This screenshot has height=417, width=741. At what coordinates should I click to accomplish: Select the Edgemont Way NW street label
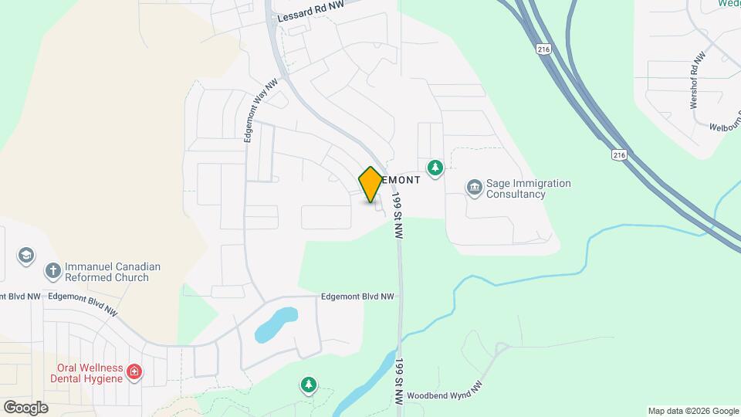pyautogui.click(x=259, y=111)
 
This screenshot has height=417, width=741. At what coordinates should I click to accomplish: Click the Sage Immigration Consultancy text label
pyautogui.click(x=529, y=189)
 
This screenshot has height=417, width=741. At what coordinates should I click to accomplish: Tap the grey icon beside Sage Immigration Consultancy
pyautogui.click(x=472, y=187)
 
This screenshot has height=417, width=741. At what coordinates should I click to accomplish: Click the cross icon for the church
pyautogui.click(x=52, y=270)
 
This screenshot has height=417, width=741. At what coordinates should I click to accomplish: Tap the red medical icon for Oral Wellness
pyautogui.click(x=135, y=373)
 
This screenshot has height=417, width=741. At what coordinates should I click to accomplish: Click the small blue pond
pyautogui.click(x=276, y=324)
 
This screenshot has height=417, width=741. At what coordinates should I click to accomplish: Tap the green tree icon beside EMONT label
pyautogui.click(x=436, y=168)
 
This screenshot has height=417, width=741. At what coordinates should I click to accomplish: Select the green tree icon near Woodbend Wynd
pyautogui.click(x=309, y=385)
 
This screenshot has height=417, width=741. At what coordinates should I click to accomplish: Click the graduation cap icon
pyautogui.click(x=26, y=255)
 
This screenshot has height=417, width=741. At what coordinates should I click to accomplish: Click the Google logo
pyautogui.click(x=25, y=407)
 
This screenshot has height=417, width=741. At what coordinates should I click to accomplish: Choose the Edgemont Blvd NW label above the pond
pyautogui.click(x=357, y=297)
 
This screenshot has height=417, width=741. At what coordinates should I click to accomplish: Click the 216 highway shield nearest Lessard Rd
pyautogui.click(x=543, y=49)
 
